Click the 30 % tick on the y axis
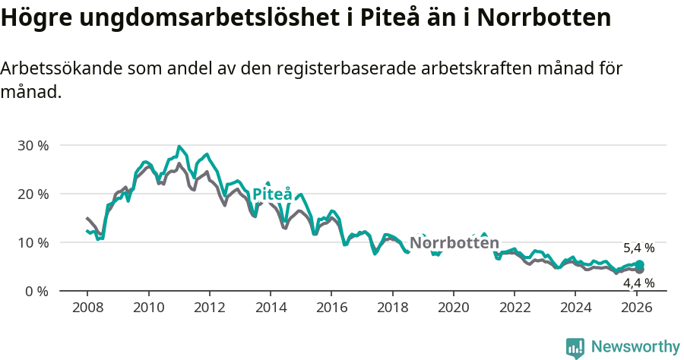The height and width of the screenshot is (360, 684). (33, 145)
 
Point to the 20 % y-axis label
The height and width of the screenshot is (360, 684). (33, 194)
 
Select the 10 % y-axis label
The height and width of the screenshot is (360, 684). (33, 242)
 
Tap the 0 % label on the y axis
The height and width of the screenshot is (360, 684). (36, 292)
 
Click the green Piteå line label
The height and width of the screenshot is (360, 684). (272, 194)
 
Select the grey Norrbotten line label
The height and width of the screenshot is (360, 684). (454, 243)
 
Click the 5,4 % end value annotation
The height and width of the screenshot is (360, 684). (638, 248)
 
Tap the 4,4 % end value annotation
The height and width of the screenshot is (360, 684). (638, 283)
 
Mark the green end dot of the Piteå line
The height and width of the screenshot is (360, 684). (639, 264)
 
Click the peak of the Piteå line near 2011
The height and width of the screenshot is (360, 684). (179, 147)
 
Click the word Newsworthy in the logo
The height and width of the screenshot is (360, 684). (635, 347)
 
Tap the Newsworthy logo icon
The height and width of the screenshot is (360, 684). (575, 348)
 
